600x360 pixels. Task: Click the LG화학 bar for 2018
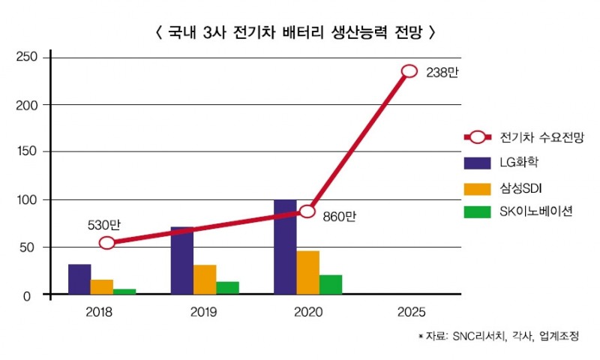tap(79, 280)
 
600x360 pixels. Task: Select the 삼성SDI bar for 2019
tap(205, 280)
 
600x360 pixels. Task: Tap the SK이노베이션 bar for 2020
tap(331, 285)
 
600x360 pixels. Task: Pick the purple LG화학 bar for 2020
tap(285, 247)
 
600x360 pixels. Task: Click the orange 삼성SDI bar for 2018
tap(102, 287)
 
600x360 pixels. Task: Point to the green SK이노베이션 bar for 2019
tap(227, 289)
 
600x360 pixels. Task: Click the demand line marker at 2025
tap(409, 71)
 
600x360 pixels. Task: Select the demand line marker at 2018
tap(107, 242)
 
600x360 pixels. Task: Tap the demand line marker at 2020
tap(307, 211)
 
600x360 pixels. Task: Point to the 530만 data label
tap(103, 224)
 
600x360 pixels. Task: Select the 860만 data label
tap(339, 217)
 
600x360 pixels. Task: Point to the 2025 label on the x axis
tap(409, 311)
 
